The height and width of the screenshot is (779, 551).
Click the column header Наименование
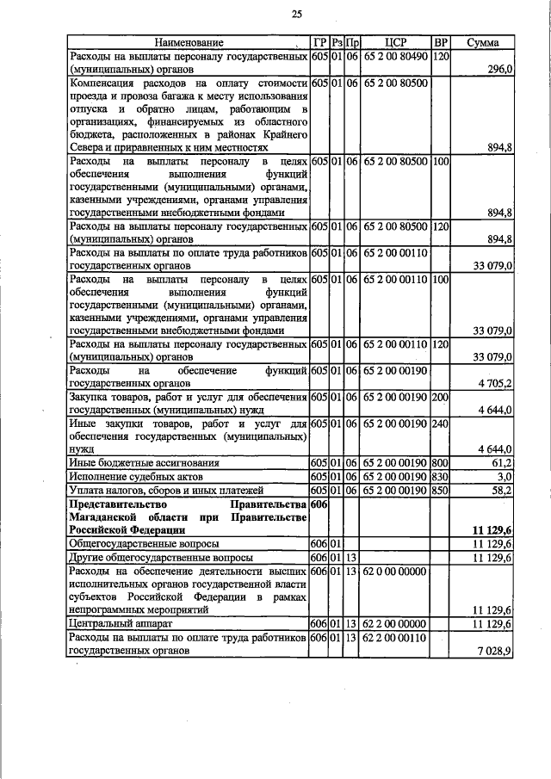(189, 42)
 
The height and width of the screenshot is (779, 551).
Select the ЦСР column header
(396, 42)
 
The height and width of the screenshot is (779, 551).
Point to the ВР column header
(441, 42)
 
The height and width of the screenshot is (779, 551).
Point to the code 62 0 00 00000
(396, 571)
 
